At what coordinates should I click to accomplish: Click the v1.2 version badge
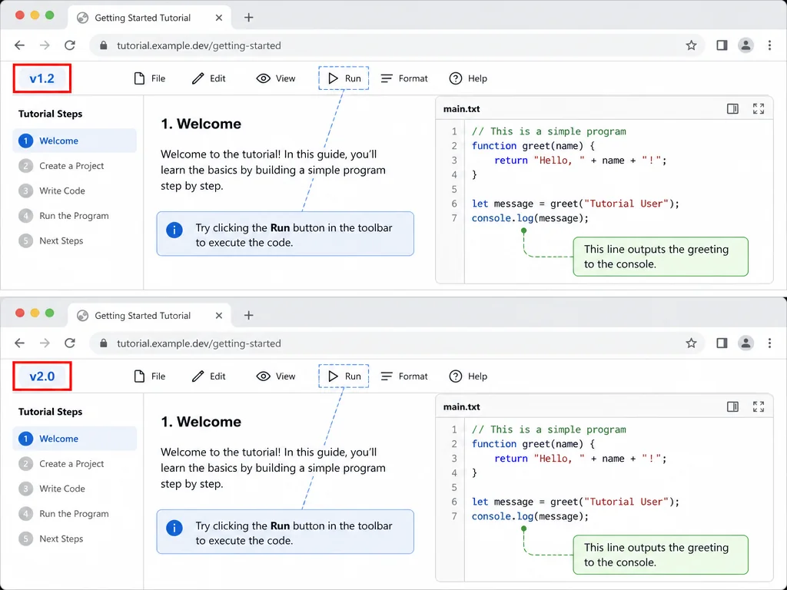pos(42,78)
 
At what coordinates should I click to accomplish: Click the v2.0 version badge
pos(42,376)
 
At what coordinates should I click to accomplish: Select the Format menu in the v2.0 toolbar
pos(404,376)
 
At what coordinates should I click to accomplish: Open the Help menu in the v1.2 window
pos(468,78)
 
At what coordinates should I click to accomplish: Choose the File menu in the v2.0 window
pos(150,376)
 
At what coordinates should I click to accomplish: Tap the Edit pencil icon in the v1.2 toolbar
pos(198,78)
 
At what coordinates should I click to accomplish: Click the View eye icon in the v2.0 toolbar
pos(263,376)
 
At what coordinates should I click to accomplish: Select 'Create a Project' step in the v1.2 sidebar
pos(71,166)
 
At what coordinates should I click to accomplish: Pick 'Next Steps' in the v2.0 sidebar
pos(61,539)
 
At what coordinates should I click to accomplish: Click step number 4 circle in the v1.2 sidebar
pos(25,216)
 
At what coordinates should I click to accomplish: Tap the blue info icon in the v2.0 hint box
pos(174,529)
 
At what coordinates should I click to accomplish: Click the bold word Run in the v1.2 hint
pos(280,227)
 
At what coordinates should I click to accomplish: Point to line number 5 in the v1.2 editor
pos(454,189)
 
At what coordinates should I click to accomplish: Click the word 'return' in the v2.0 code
pos(511,459)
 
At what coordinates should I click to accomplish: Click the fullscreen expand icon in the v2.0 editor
pos(759,406)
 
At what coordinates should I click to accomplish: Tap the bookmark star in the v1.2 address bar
pos(691,45)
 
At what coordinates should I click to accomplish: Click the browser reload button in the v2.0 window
pos(70,343)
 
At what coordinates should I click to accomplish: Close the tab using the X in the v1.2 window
pos(219,18)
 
